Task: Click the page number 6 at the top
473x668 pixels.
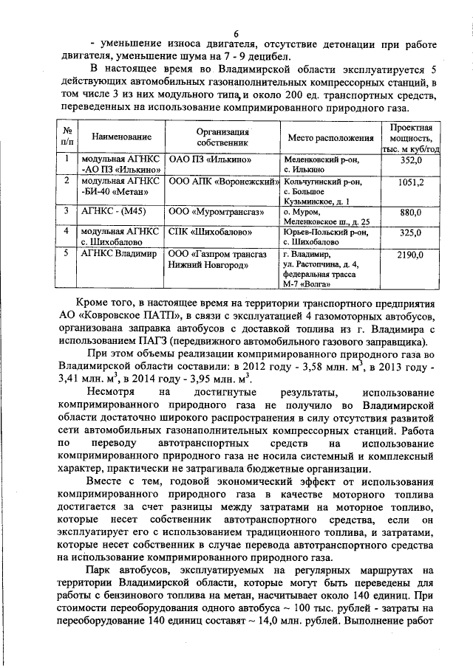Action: [x=236, y=33]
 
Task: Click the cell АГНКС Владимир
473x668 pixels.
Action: [x=119, y=255]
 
